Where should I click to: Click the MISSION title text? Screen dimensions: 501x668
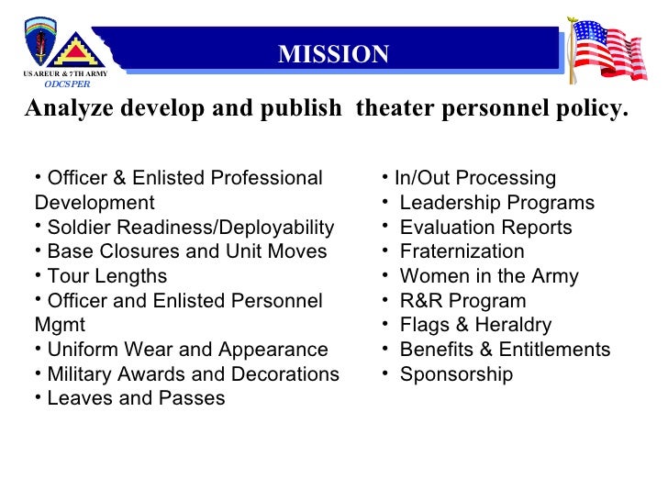(x=334, y=54)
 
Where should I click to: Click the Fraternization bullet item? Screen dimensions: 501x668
(x=462, y=251)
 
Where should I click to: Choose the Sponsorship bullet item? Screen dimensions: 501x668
(x=456, y=374)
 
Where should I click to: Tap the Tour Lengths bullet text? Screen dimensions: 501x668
(x=106, y=276)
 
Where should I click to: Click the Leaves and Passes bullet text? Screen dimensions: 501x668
(x=136, y=399)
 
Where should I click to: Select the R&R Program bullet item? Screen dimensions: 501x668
(x=462, y=301)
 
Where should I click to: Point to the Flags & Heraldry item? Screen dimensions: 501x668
(x=475, y=325)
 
